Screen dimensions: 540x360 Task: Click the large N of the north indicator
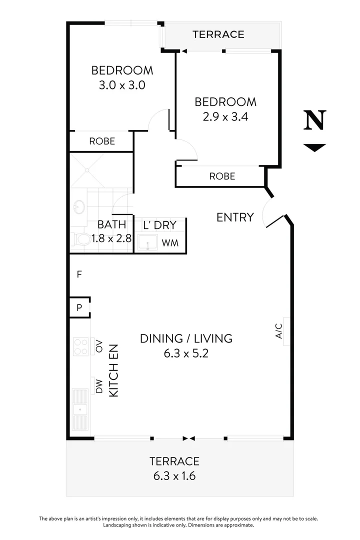[315, 120]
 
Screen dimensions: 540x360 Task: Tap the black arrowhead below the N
[315, 147]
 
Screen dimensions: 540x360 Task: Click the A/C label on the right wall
[279, 330]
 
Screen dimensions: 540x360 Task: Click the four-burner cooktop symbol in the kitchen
[80, 346]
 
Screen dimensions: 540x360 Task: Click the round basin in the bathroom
[77, 206]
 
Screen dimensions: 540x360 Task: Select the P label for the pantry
[79, 308]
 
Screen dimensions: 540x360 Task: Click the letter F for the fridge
[79, 274]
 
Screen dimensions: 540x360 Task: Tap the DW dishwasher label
[99, 386]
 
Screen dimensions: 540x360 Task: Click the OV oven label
[99, 345]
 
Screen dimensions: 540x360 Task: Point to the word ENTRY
[235, 217]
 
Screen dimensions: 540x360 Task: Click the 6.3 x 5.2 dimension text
[185, 353]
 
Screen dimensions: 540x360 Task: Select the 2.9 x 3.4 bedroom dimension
[225, 117]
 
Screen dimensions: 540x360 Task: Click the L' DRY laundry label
[159, 225]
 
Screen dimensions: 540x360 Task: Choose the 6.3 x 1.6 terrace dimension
[174, 475]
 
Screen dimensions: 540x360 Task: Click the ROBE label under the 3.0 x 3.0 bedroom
[102, 141]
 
